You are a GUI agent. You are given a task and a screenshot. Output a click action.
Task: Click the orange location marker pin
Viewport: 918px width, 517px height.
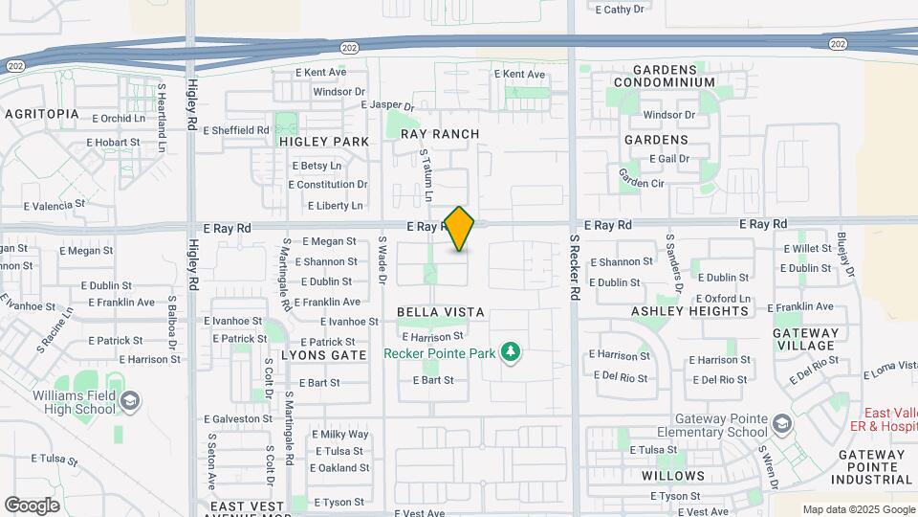click(x=460, y=229)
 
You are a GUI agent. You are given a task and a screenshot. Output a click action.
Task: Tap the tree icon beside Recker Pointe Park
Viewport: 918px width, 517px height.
click(x=512, y=353)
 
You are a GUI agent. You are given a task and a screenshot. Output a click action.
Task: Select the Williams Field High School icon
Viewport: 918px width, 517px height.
click(x=131, y=400)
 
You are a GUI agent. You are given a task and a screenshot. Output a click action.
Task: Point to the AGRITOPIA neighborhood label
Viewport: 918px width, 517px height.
click(x=41, y=113)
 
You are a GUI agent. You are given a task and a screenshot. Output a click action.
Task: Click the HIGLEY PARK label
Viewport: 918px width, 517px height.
click(x=324, y=141)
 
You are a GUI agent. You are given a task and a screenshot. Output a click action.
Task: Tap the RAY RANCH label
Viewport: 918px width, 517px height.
click(x=440, y=134)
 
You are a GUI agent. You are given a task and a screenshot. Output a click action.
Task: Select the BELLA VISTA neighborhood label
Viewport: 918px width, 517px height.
click(x=440, y=312)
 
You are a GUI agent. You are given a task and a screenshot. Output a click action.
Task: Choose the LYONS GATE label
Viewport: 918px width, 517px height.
click(x=325, y=354)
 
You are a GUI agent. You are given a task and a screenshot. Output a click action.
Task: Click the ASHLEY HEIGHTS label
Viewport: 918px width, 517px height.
click(x=689, y=311)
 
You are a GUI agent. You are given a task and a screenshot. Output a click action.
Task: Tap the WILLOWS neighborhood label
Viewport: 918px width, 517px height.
click(x=673, y=475)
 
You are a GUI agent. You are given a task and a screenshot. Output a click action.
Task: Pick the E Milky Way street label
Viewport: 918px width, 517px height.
click(x=339, y=434)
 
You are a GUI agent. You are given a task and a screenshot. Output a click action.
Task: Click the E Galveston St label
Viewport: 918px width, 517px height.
click(x=238, y=418)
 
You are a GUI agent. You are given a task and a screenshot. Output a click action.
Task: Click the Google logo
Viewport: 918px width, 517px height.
click(x=32, y=505)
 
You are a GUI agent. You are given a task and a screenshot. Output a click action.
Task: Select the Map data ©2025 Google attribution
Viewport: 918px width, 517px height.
click(x=858, y=509)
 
